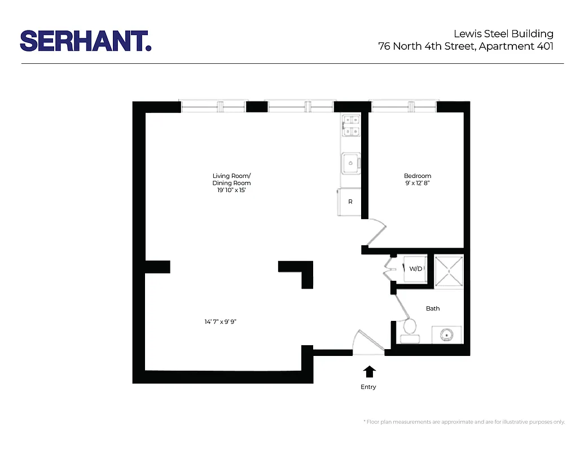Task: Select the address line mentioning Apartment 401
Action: [466, 46]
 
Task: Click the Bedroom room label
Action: [418, 176]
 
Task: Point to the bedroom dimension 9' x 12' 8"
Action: [418, 184]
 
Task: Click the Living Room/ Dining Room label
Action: [231, 180]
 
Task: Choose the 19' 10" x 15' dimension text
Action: [231, 191]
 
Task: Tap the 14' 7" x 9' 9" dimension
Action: [224, 321]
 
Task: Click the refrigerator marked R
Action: [350, 202]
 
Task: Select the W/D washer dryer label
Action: [415, 268]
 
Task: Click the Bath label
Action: [433, 308]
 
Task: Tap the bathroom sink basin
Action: [447, 334]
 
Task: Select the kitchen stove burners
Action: [351, 125]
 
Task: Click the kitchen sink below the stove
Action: [350, 163]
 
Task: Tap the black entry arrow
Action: [369, 371]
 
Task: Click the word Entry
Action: [368, 387]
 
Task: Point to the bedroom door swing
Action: [375, 233]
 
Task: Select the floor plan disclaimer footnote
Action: [464, 422]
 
